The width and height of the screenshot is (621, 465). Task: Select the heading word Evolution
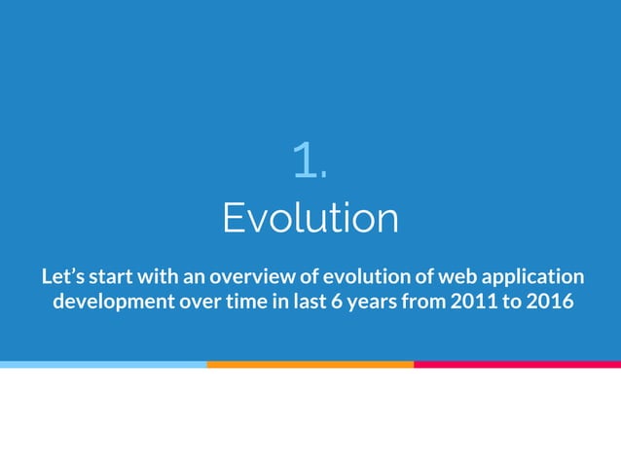[x=310, y=218]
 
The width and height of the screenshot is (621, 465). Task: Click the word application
[x=535, y=276]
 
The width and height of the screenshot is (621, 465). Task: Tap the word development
[x=110, y=302]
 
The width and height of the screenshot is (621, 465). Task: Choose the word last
[x=306, y=301]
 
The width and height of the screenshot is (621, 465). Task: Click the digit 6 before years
[x=337, y=301]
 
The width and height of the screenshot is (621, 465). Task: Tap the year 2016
[x=549, y=301]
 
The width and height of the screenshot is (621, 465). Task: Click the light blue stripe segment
[x=103, y=364]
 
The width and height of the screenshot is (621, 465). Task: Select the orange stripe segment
[x=310, y=364]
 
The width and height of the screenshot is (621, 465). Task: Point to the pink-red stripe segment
[x=517, y=364]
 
